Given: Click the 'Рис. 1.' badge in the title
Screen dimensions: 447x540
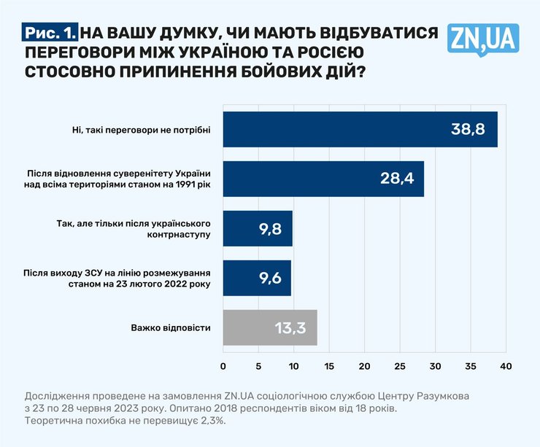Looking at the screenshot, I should point(50,33).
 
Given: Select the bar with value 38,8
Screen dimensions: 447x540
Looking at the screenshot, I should point(360,130).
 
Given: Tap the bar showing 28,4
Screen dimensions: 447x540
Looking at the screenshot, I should point(323,179).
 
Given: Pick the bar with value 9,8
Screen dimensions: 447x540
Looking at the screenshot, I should point(258,229).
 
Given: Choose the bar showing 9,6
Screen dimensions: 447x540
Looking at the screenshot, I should point(257,278).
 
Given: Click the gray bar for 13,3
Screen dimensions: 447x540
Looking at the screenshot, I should point(270,327).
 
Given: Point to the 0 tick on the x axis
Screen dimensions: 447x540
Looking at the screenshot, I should point(223,364).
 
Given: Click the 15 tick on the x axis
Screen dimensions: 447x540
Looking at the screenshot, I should point(329,364).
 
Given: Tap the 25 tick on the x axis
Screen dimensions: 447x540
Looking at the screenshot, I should point(400,364).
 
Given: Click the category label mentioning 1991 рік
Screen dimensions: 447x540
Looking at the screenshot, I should point(119,179).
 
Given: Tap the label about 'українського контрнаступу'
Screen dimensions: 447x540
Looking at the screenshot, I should point(134,229).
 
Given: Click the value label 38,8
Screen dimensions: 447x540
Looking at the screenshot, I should point(468,131).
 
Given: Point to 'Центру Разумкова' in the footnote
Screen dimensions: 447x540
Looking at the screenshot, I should point(423,394).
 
